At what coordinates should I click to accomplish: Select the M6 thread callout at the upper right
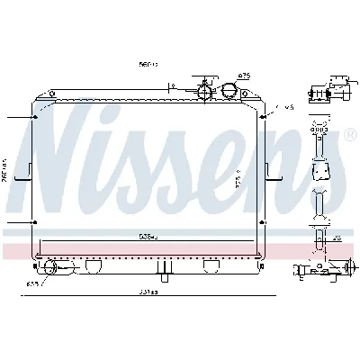tap(289, 107)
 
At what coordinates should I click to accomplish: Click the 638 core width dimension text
tap(148, 238)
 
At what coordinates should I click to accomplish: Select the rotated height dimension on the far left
tap(4, 171)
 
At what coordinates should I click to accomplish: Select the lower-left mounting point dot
tap(35, 220)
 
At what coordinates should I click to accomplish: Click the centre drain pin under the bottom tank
tap(163, 268)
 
